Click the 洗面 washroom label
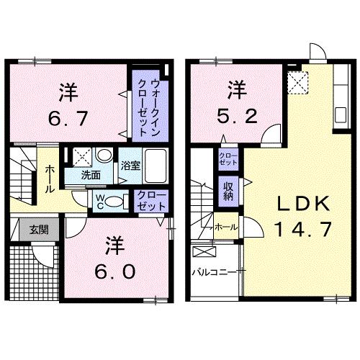pyautogui.click(x=90, y=174)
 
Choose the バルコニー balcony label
pyautogui.click(x=213, y=273)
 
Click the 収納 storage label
pyautogui.click(x=228, y=190)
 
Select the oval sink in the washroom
pyautogui.click(x=104, y=156)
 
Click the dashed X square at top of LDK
pyautogui.click(x=296, y=83)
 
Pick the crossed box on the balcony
pyautogui.click(x=205, y=253)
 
